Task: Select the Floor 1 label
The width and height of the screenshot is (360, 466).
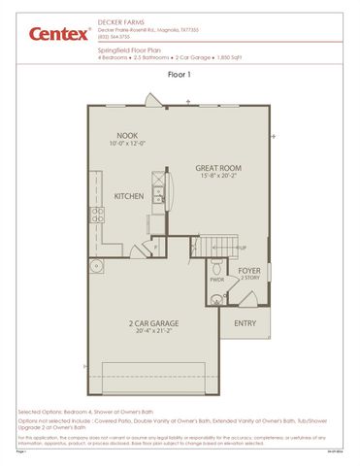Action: (179, 74)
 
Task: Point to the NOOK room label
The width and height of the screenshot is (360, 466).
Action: (127, 136)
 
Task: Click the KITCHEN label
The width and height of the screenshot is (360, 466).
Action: (128, 195)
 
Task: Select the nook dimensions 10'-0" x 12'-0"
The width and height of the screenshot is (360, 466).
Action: (127, 145)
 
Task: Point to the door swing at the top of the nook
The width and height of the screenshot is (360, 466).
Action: (150, 99)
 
